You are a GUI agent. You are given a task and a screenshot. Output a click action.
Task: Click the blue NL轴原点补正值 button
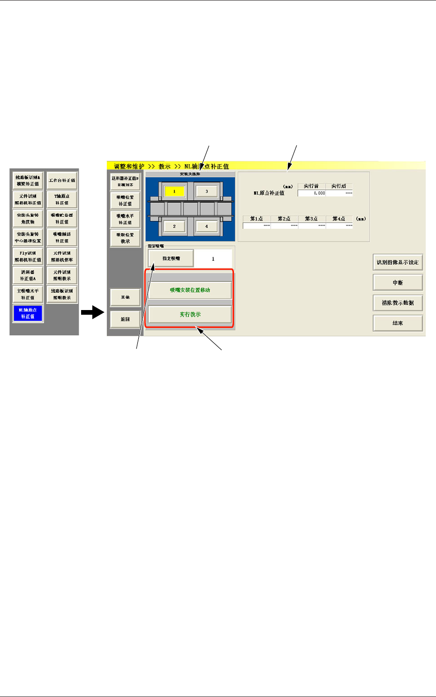[x=28, y=313]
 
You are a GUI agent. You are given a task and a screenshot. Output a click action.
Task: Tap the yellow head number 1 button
[x=174, y=191]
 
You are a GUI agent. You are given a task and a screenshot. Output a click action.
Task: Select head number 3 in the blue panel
[x=206, y=191]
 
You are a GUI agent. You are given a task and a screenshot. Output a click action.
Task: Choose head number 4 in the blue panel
[x=206, y=227]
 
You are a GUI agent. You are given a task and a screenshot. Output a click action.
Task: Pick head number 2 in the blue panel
[x=174, y=227]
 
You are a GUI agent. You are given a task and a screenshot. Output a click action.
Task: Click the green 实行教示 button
[x=190, y=314]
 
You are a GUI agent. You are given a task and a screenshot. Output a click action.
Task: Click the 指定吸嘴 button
[x=171, y=258]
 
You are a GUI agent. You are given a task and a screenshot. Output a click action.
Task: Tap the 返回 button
[x=125, y=319]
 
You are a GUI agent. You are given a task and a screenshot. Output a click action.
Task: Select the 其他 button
[x=125, y=297]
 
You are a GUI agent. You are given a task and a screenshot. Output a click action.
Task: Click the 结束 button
[x=398, y=323]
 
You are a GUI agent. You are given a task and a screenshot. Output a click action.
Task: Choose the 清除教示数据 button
[x=398, y=303]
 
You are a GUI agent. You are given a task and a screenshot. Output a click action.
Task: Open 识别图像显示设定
[x=398, y=262]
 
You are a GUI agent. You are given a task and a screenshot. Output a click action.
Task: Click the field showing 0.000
[x=312, y=193]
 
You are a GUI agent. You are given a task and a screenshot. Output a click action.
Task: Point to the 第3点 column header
[x=311, y=219]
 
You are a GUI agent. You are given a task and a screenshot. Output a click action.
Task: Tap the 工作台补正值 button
[x=62, y=181]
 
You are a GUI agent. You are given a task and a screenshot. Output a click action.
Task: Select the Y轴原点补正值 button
[x=62, y=200]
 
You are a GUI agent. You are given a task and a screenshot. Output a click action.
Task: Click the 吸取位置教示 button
[x=125, y=238]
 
